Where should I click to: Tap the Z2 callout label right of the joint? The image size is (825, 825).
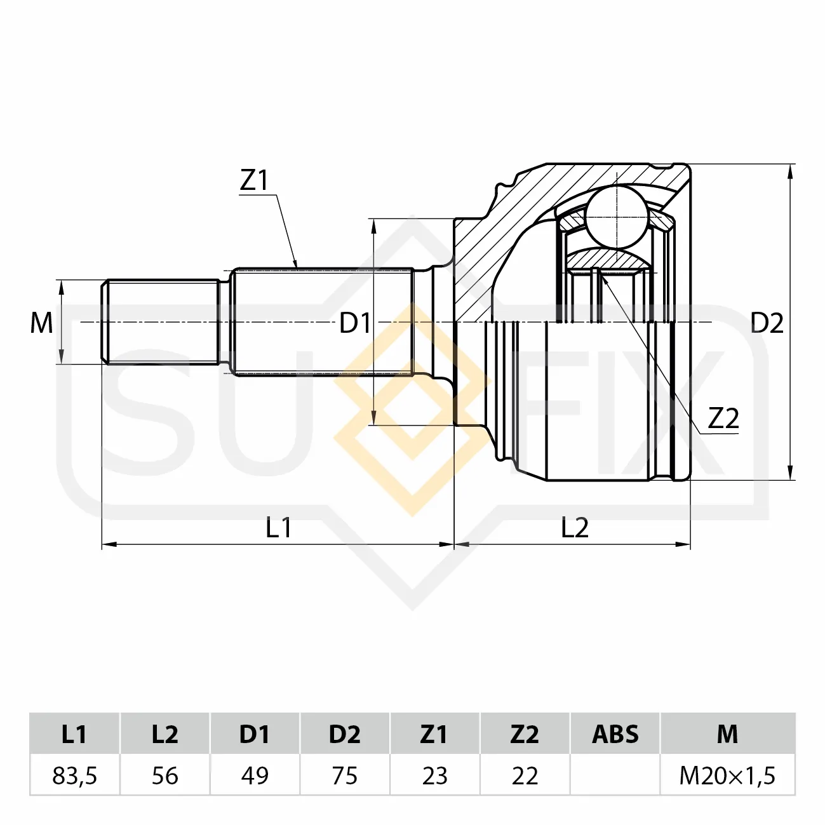(x=723, y=419)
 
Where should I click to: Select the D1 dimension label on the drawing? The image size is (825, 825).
(x=355, y=323)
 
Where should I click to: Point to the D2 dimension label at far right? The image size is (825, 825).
(x=767, y=323)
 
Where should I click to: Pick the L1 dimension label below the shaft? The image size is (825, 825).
(x=278, y=527)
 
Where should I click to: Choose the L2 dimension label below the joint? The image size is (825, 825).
(x=575, y=527)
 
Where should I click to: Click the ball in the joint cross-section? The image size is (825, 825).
(x=617, y=217)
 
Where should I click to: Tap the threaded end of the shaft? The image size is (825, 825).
(x=161, y=322)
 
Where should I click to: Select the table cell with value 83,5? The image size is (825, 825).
(x=75, y=775)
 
